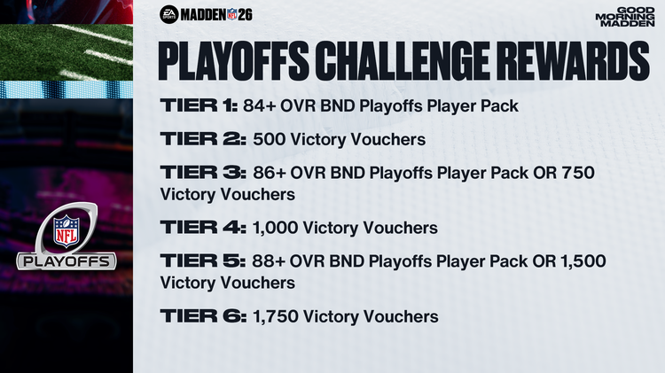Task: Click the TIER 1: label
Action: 197,106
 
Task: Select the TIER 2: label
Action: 201,138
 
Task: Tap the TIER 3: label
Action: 201,170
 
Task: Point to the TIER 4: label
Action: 201,228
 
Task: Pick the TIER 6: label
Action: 201,315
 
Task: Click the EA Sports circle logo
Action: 169,14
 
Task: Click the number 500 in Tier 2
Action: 269,139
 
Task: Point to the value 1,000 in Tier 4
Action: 274,229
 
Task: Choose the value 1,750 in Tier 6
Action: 274,316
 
